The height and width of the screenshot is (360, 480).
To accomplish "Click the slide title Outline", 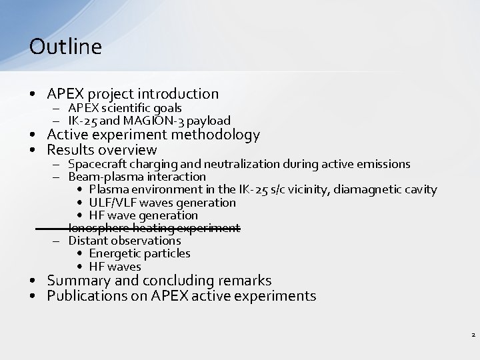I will pos(65,47).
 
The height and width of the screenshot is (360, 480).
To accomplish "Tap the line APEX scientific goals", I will pos(125,108).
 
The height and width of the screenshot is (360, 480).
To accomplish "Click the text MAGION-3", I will pos(162,121).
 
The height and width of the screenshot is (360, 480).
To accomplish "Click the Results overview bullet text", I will pos(101,150).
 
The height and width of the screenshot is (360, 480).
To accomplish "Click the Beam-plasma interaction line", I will pos(137,177).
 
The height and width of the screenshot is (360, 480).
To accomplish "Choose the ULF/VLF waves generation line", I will pos(162,202).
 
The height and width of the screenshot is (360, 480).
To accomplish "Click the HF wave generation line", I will pos(143,215).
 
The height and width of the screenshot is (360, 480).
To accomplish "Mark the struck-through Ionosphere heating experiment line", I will pos(153,228).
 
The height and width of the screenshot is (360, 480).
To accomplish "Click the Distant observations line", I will pos(125,241).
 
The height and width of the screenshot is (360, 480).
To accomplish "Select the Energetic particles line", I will pos(139,253).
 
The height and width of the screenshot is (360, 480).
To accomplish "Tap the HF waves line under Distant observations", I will pos(115,267).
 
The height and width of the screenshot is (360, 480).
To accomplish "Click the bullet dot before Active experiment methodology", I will pos(33,135).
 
